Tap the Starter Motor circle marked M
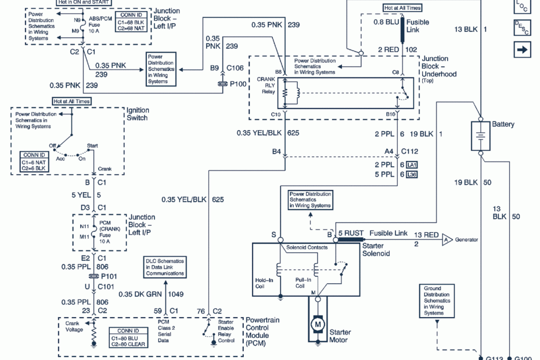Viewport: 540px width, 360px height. [x=318, y=322]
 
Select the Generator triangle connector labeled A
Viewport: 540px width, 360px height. [x=447, y=239]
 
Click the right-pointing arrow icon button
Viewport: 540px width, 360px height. [x=522, y=49]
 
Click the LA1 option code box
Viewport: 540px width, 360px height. [x=412, y=165]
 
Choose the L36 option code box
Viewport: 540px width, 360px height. [x=412, y=174]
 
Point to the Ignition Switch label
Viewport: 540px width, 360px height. [x=138, y=114]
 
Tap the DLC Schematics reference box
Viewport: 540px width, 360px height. [x=165, y=266]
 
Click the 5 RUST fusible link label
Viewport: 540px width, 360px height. [x=351, y=233]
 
